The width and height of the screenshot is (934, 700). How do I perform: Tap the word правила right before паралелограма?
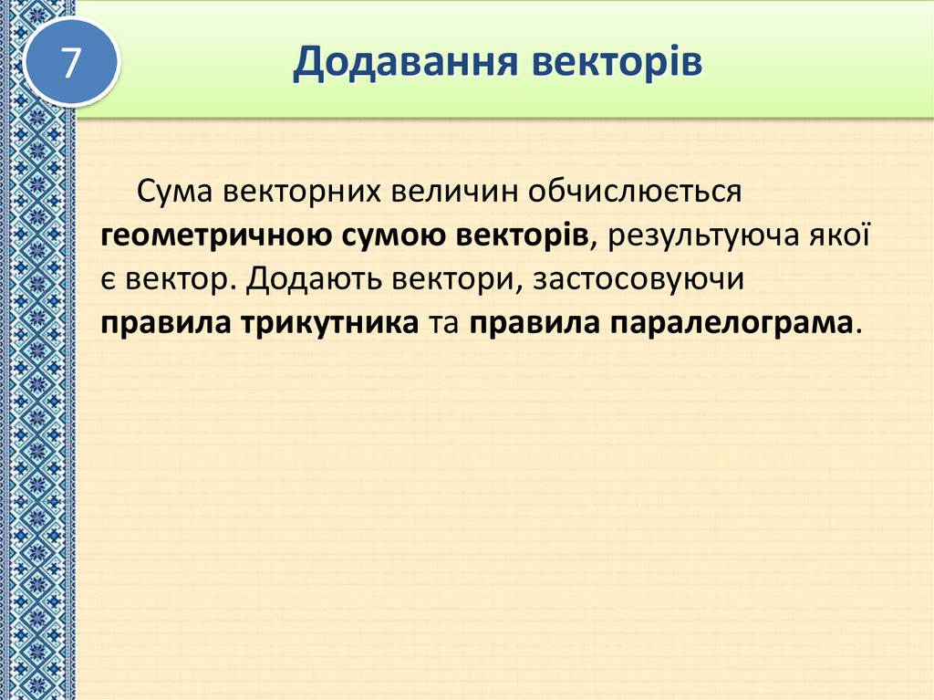(x=531, y=324)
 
